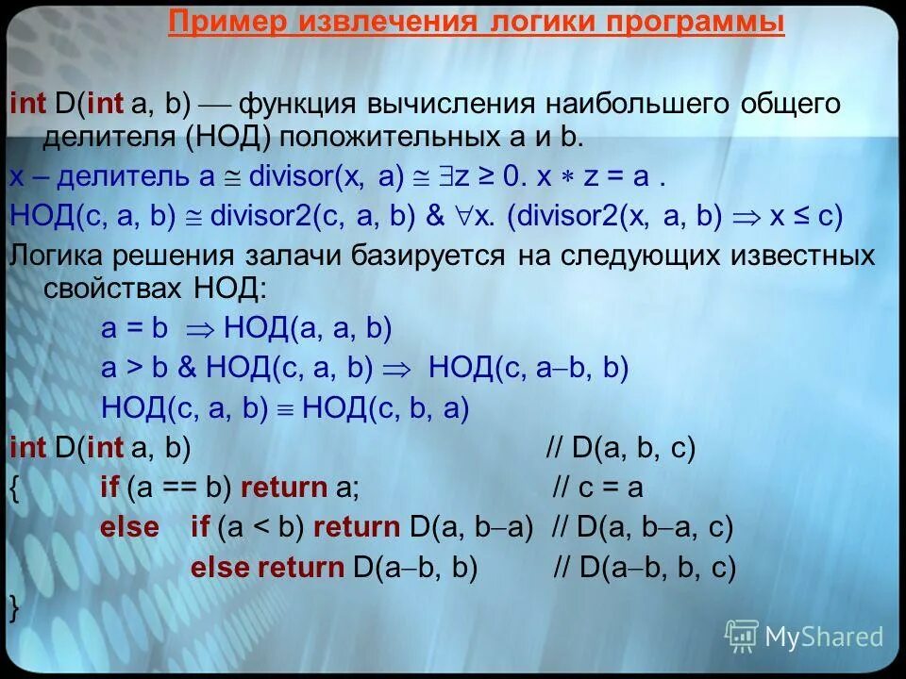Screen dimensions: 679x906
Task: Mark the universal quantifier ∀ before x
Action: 463,216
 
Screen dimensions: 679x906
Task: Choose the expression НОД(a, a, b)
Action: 308,328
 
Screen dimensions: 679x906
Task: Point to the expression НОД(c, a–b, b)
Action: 528,368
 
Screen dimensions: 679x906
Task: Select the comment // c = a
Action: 596,488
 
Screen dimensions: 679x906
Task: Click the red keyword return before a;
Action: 283,488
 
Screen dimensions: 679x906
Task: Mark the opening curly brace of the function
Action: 13,489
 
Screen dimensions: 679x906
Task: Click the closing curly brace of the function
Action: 13,607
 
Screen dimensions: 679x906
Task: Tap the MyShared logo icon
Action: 741,637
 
